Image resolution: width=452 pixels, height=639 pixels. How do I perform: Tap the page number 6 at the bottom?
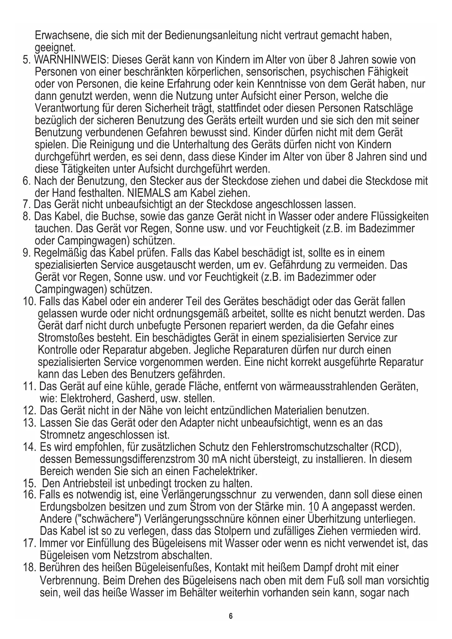coord(231,616)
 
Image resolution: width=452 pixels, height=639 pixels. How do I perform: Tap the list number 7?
coord(25,205)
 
